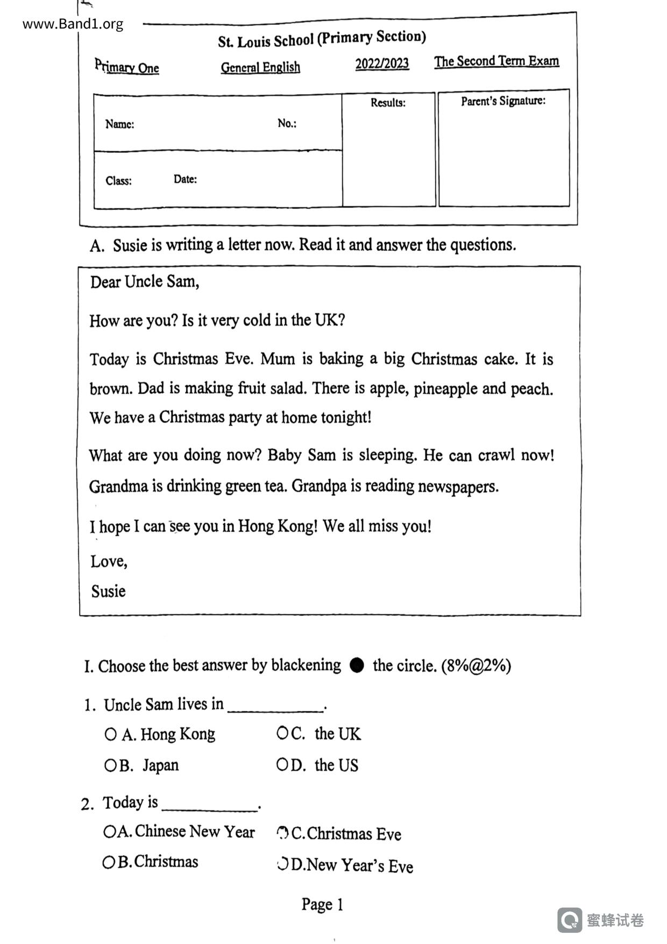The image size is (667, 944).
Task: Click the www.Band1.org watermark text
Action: [73, 24]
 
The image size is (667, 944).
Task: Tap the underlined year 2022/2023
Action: [382, 64]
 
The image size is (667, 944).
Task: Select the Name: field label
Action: [119, 124]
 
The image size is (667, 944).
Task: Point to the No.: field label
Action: [287, 123]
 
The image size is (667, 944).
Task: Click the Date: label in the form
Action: [185, 179]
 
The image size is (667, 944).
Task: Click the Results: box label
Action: [388, 103]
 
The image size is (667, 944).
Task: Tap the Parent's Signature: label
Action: [503, 101]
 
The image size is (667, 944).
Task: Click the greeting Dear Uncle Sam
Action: [144, 281]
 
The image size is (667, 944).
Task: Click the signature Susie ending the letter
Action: [108, 591]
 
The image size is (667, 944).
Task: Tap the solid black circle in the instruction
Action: [357, 665]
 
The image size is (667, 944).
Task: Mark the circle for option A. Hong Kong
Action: [110, 734]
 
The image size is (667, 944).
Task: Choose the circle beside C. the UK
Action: [282, 733]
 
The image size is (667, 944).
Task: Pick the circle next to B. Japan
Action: [110, 765]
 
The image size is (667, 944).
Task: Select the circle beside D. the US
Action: [282, 765]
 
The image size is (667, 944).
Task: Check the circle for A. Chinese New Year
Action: [109, 832]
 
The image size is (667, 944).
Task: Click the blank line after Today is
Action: [210, 807]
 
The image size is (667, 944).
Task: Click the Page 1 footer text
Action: [322, 904]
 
